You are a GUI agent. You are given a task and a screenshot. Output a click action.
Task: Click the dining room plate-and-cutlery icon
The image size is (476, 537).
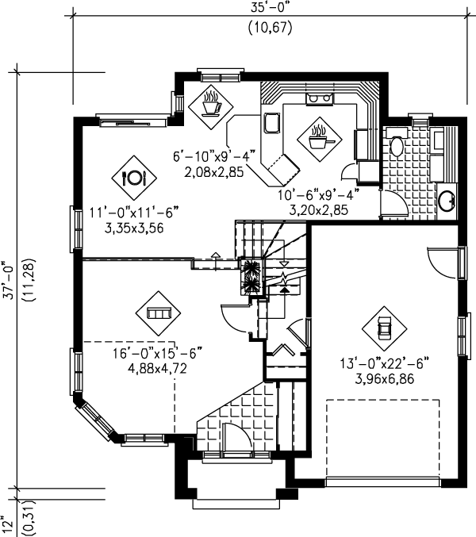click(132, 176)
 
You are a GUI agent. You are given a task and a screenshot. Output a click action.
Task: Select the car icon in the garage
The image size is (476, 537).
click(385, 327)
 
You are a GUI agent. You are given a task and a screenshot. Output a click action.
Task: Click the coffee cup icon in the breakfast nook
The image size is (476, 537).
click(211, 104)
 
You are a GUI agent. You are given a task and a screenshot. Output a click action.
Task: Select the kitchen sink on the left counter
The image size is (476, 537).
click(272, 124)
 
